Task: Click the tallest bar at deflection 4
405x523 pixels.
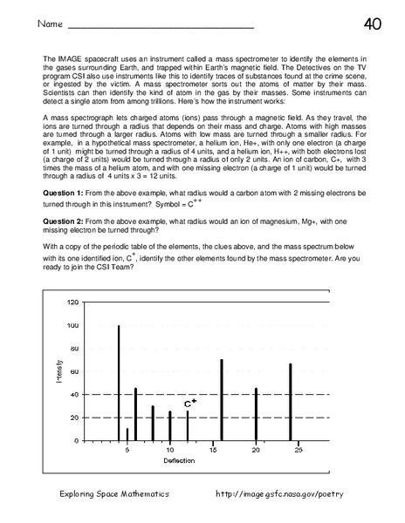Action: (119, 384)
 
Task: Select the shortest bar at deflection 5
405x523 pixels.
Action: (127, 434)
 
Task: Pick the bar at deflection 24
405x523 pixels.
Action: (290, 402)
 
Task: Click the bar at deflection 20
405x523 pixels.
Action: (256, 414)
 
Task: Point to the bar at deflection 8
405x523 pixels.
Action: (153, 423)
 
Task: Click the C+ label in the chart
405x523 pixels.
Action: (189, 404)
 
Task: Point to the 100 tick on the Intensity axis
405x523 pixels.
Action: (72, 325)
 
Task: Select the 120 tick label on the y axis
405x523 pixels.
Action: (72, 302)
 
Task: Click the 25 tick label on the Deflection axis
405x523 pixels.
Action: (298, 450)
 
